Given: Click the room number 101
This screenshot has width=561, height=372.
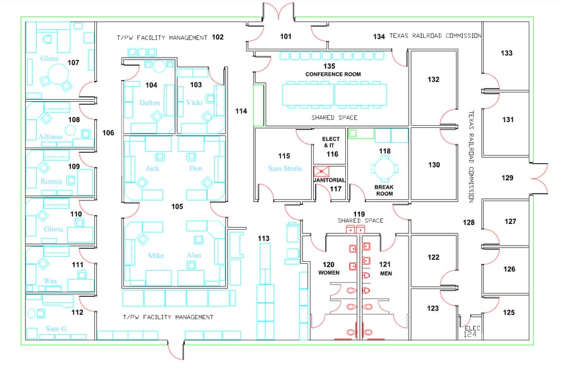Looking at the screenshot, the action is coord(285,37).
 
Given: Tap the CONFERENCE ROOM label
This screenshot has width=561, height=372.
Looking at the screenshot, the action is coord(333,74).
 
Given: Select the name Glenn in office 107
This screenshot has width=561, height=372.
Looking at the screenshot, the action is coord(49,58).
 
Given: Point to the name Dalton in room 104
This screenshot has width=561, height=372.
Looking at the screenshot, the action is coord(149,102).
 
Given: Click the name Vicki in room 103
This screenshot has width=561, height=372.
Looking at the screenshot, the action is coord(194,102).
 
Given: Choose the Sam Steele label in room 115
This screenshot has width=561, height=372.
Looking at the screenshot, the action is coord(285,168).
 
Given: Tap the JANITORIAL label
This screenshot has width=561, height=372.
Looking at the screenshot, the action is coord(330,180).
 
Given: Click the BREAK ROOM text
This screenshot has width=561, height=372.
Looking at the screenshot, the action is coord(385,190).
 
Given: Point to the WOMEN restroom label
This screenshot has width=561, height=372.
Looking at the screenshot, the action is coord(329,273).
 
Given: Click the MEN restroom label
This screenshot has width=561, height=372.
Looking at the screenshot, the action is coord(386,273).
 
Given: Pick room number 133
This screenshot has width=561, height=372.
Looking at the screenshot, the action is coord(506,53).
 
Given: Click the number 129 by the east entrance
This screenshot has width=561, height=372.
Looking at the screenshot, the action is coord(507,178).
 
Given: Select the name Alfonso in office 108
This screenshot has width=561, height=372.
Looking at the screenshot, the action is coord(51,137).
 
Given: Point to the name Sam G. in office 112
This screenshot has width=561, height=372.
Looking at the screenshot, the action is coord(57,329).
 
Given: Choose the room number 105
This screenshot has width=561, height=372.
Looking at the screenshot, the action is coord(177,207).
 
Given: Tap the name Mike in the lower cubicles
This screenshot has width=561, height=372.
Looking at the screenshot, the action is coord(156,256).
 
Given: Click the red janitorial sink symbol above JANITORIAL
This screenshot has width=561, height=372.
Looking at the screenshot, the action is coord(321,171).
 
